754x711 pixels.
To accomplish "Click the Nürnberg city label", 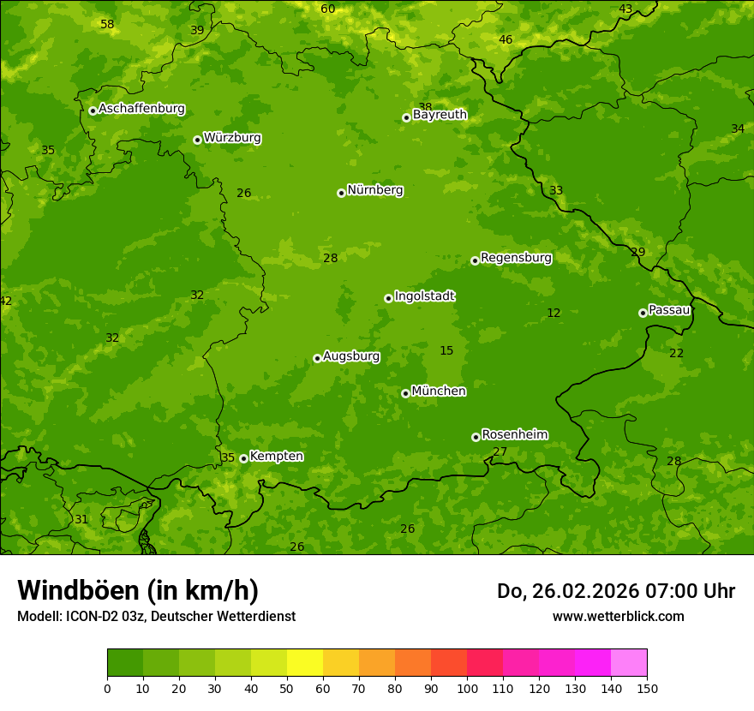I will tap(374, 190).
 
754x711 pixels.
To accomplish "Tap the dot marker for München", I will tap(405, 393).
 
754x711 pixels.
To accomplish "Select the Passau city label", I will tap(669, 310).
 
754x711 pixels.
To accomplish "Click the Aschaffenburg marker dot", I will tap(93, 111).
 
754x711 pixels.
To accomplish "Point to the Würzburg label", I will tap(232, 138).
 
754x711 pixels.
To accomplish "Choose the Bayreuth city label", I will tap(440, 115).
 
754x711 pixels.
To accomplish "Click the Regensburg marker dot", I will tap(475, 260).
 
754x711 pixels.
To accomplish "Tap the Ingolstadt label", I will tap(424, 296).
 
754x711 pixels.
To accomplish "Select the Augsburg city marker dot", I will tap(317, 358).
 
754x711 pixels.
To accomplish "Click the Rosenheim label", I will tap(514, 434).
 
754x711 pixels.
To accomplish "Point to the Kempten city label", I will tap(276, 456).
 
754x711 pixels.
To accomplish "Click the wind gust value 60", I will tap(328, 9).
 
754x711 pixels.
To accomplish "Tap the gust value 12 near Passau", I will tap(554, 313).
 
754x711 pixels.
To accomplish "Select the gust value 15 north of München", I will tap(446, 350).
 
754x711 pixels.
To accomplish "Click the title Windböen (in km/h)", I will tap(138, 590).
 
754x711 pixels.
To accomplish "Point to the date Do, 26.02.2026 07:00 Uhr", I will tap(615, 591).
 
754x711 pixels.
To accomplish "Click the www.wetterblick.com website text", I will tap(618, 617).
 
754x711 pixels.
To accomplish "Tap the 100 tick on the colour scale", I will tap(467, 688).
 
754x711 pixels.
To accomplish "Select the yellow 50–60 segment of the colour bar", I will tap(305, 662).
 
